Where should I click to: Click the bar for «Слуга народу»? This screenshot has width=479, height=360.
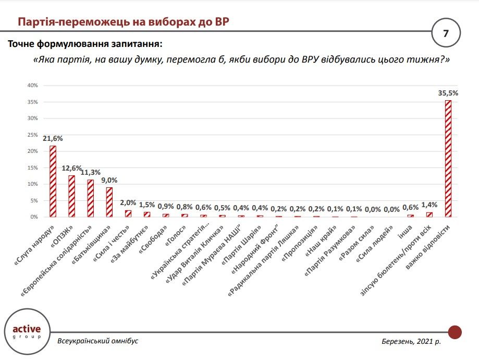[x=53, y=181]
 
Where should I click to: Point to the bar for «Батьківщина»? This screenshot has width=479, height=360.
[x=109, y=202]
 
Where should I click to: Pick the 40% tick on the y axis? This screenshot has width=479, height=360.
[x=32, y=85]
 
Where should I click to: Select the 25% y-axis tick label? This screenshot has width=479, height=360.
[x=32, y=135]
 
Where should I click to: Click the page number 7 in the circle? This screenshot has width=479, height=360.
[x=446, y=33]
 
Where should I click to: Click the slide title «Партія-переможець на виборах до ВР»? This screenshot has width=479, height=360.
[x=123, y=22]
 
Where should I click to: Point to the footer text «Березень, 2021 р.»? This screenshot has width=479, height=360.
[x=411, y=341]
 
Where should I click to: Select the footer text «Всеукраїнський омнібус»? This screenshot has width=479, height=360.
[x=98, y=341]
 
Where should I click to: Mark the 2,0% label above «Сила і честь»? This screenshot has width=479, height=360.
[x=128, y=202]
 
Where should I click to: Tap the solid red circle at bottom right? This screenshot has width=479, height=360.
[x=455, y=332]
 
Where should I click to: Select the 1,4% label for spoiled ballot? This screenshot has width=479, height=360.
[x=429, y=205]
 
